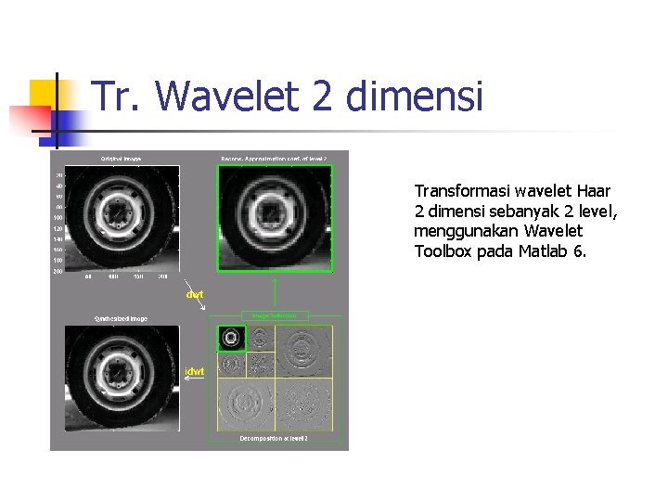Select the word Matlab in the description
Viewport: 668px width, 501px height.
(543, 251)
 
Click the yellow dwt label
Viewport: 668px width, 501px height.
(196, 294)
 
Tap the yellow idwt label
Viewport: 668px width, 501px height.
(195, 371)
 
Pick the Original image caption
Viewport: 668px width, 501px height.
(122, 159)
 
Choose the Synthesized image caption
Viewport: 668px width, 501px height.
(121, 318)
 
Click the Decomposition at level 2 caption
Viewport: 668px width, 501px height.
(274, 438)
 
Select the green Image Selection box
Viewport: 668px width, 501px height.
(274, 315)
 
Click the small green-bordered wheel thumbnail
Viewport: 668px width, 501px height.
(232, 339)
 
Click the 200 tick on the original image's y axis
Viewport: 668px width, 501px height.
(58, 271)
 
